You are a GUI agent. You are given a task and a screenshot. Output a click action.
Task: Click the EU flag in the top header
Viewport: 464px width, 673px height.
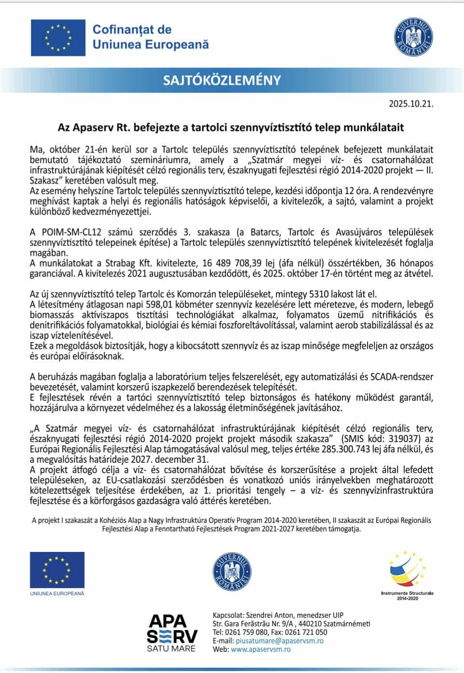pos(58,38)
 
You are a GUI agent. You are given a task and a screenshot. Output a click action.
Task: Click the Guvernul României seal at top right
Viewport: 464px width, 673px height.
pos(413,36)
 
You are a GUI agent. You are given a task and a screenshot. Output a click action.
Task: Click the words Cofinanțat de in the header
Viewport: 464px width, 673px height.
pos(132,30)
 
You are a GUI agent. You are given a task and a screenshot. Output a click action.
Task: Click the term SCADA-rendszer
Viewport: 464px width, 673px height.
pos(404,377)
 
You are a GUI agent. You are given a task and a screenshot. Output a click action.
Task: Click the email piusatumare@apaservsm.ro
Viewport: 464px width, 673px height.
pos(280,641)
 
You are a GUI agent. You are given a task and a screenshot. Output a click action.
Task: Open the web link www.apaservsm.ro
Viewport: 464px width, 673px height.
pos(260,649)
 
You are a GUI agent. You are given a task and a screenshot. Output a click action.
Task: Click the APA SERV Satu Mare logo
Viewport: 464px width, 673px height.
pos(172,632)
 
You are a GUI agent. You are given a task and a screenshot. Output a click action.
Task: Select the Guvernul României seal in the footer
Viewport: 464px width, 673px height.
pos(232,572)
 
